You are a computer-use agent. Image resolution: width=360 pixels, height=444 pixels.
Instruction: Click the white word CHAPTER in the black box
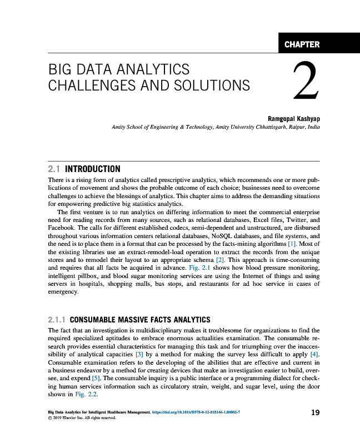pos(302,44)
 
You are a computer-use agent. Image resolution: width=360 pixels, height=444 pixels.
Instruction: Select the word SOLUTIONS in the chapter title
pos(214,85)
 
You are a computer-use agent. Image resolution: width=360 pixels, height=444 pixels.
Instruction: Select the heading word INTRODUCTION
pos(93,169)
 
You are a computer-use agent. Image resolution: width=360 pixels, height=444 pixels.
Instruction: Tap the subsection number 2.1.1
pos(58,320)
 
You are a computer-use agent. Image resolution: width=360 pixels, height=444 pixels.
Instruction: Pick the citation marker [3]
pos(141,354)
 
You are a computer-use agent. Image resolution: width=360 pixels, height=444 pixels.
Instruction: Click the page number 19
pos(315,413)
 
